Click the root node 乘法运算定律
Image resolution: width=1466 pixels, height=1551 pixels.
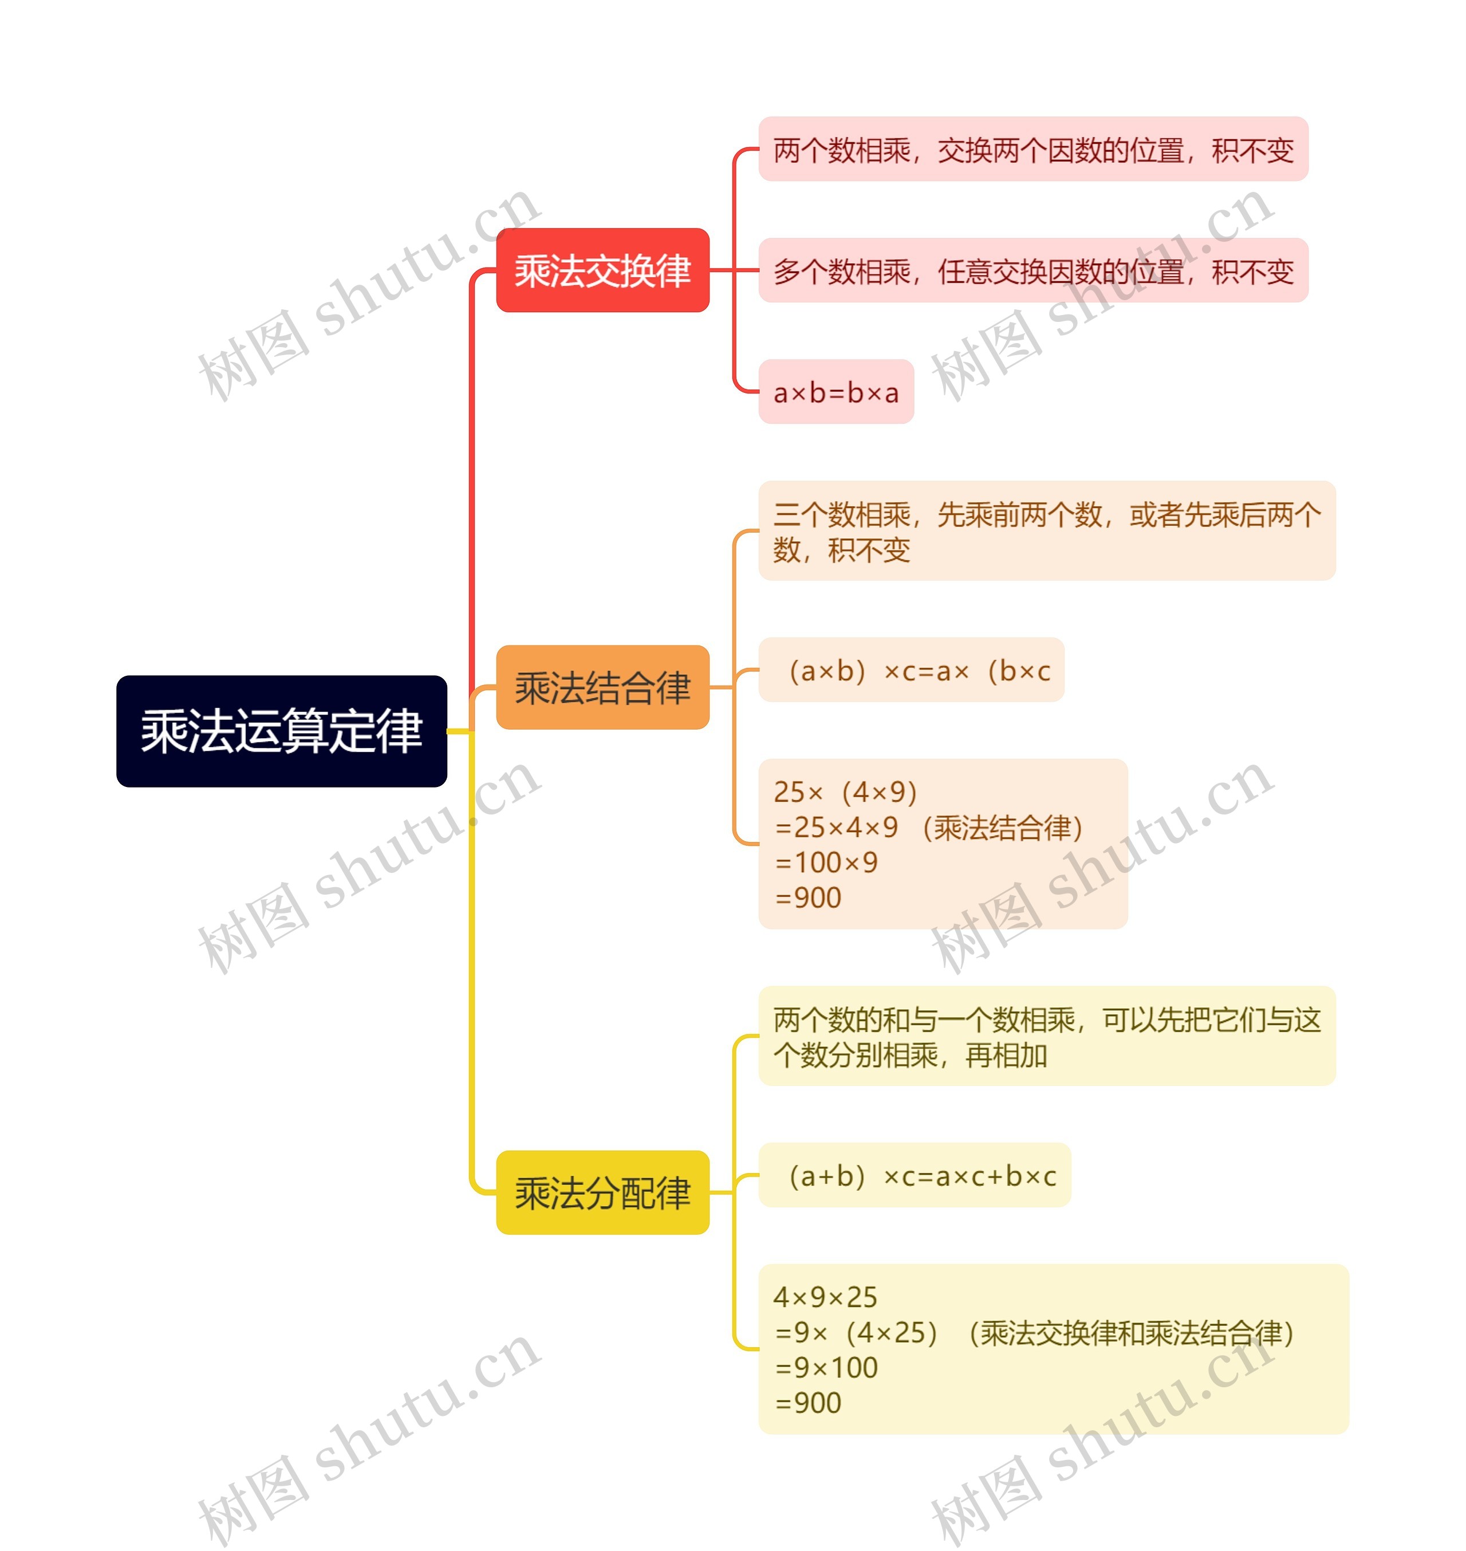pos(281,731)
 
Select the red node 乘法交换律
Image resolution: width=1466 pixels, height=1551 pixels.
pos(602,270)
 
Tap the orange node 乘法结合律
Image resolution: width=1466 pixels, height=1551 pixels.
pos(602,687)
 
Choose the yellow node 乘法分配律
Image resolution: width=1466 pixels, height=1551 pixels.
pos(602,1193)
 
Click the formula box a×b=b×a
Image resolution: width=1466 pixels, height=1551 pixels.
pos(836,392)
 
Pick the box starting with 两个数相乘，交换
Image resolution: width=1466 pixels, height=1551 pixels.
pos(1032,149)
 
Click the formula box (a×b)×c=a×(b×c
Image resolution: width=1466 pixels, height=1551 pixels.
pos(911,670)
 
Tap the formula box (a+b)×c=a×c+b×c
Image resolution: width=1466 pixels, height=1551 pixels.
pos(915,1175)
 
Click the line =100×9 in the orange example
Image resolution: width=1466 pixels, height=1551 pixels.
pos(826,863)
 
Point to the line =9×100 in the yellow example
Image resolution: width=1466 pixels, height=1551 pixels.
pos(826,1367)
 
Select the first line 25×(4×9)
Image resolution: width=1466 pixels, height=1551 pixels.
pos(845,792)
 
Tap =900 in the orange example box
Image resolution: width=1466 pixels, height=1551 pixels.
pos(808,897)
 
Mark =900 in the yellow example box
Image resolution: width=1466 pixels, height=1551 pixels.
pos(808,1403)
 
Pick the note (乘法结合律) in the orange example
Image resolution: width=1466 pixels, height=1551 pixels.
pos(1003,827)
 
